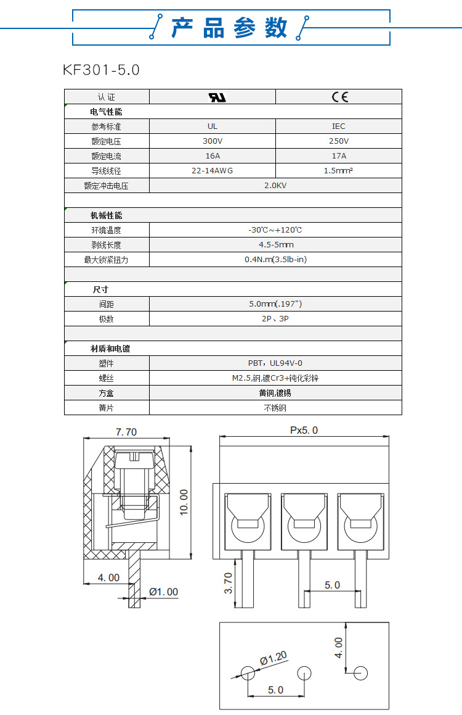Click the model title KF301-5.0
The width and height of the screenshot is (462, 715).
(x=102, y=70)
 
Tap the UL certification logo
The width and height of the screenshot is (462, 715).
(x=213, y=97)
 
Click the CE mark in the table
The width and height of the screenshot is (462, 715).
(x=339, y=97)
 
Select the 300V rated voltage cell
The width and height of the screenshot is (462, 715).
(x=213, y=141)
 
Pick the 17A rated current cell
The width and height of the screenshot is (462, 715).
(x=339, y=156)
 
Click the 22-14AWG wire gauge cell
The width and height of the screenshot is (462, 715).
(x=213, y=171)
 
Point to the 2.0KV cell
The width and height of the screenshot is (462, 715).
(x=275, y=186)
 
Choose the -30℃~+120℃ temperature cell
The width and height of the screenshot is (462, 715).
(x=275, y=230)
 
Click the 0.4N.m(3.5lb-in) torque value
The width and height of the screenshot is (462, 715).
(x=275, y=260)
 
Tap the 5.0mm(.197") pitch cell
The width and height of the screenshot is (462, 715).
(x=275, y=304)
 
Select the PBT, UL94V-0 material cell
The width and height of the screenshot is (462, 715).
(x=275, y=363)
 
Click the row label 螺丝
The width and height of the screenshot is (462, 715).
(x=107, y=378)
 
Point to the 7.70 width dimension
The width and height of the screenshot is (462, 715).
(x=126, y=432)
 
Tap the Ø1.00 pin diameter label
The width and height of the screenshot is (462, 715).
(x=163, y=592)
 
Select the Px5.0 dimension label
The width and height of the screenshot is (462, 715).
(x=304, y=431)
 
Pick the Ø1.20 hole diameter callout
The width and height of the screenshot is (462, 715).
(x=274, y=659)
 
